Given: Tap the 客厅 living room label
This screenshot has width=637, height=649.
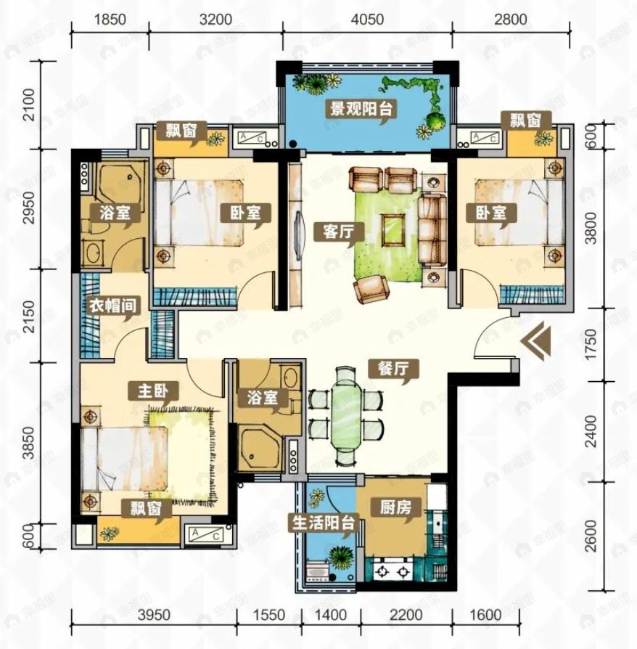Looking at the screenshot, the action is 338,232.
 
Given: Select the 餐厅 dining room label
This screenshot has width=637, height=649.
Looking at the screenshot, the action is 393,368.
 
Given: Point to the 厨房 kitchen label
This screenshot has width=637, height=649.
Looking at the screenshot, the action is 396,507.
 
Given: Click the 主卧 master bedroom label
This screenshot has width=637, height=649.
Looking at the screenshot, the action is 152,391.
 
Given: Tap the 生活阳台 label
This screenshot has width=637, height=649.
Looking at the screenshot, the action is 324,523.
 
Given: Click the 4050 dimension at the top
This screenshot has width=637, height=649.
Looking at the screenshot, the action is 367,19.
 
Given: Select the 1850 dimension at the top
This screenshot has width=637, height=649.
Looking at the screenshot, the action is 110,19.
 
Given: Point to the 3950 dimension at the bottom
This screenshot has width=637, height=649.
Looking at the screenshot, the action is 154,615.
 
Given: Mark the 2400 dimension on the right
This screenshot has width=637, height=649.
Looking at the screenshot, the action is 591,431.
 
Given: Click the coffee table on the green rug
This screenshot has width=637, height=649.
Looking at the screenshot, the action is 393,229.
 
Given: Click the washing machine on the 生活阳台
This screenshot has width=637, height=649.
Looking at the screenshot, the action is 317,571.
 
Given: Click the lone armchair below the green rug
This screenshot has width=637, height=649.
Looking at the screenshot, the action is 371,290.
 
